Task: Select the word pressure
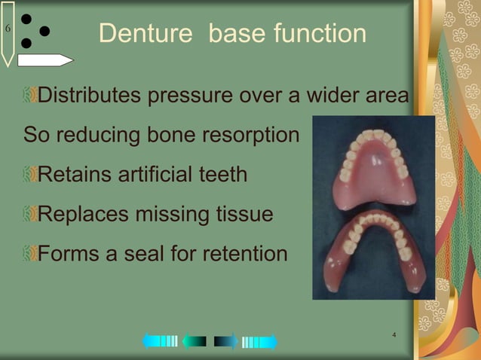pos(192,97)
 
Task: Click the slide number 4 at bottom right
pos(394,334)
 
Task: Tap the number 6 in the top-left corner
pos(8,29)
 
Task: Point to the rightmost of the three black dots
pos(44,32)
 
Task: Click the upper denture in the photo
pos(372,170)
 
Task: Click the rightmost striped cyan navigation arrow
pos(259,342)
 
